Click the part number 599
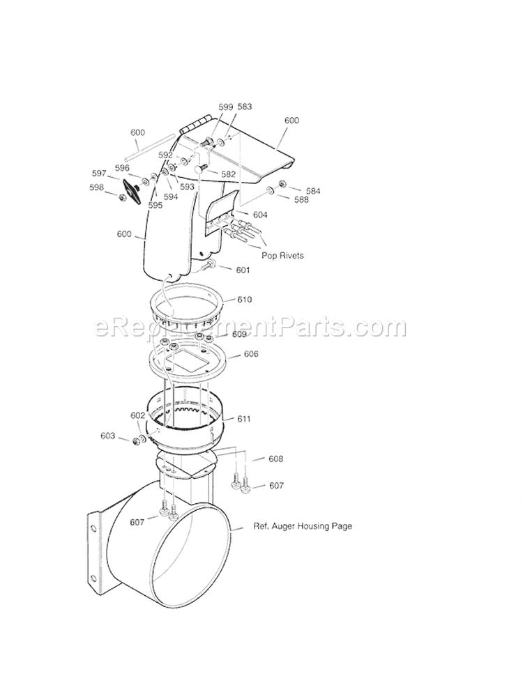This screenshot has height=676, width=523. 225,107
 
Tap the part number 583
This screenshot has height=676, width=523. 244,107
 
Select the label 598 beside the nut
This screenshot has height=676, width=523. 96,187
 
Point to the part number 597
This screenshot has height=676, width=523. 99,173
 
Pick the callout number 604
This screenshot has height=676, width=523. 259,215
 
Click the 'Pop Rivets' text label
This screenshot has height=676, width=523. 282,255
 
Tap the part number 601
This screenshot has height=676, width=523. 243,270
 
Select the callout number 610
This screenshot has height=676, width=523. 244,300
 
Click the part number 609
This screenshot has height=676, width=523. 239,335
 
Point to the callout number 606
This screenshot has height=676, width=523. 251,354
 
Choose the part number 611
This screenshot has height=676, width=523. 243,419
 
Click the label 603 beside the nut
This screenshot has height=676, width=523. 107,436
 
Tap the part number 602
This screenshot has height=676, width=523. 138,415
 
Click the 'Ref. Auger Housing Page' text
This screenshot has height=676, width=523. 302,526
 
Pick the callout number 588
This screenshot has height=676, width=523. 301,200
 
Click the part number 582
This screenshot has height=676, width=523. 228,174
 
